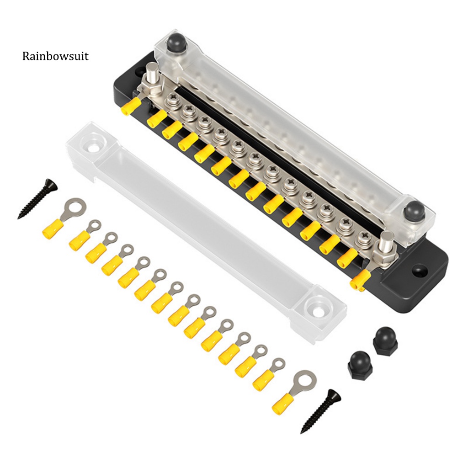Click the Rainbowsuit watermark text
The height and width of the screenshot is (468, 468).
tap(55, 56)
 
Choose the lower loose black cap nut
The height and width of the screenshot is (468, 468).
tap(359, 364)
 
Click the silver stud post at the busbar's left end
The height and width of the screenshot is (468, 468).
tap(153, 73)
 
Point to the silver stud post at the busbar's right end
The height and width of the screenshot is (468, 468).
tap(385, 240)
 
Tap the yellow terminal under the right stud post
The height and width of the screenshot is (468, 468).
tap(359, 280)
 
